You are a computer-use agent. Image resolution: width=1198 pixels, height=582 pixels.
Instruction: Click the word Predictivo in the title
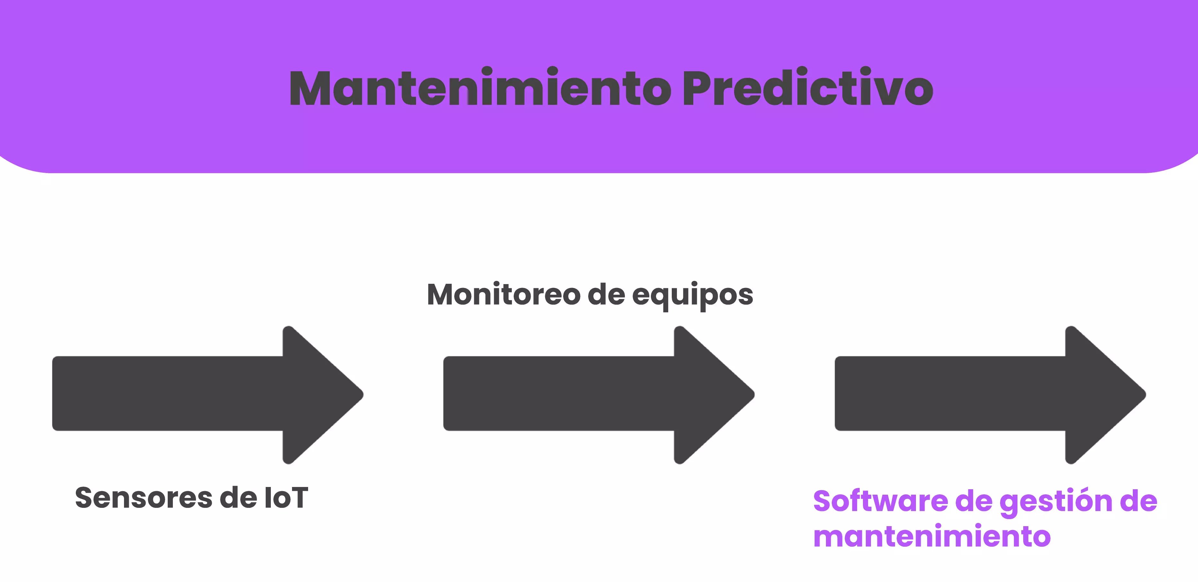click(807, 88)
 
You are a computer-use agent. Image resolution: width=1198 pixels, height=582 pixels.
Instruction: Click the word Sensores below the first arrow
click(143, 498)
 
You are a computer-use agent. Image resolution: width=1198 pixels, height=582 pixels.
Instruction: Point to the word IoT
click(286, 498)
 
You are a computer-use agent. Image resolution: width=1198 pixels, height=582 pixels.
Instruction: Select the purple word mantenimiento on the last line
click(932, 536)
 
